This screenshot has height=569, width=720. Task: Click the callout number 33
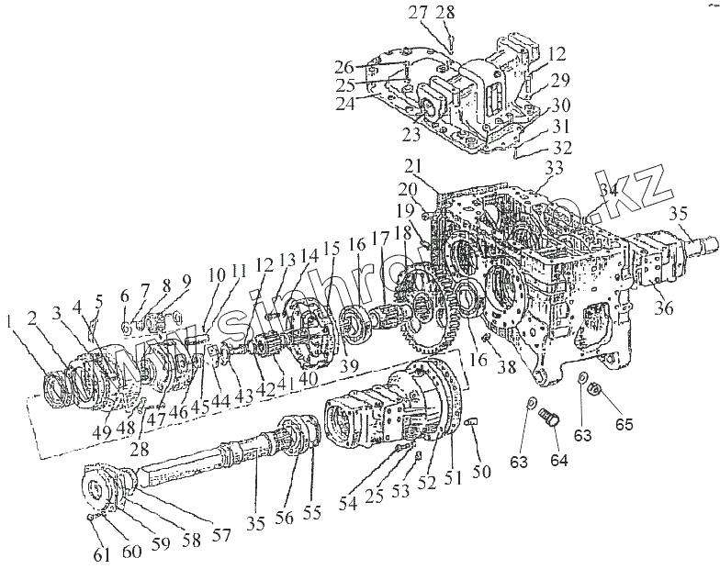(x=553, y=168)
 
